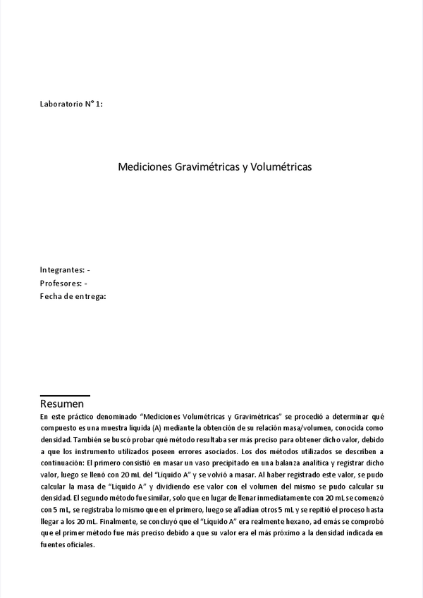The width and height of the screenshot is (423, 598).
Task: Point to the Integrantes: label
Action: coord(62,270)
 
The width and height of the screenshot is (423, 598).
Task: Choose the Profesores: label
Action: coord(61,283)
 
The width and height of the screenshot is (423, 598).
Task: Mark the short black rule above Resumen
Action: coord(65,396)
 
